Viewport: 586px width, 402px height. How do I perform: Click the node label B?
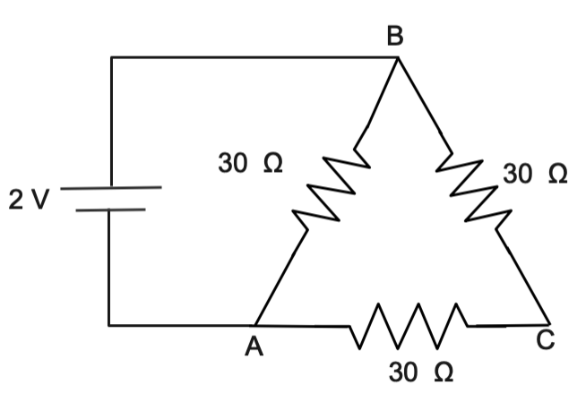(395, 37)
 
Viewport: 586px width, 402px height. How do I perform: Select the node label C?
(547, 341)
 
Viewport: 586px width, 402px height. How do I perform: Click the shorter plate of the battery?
(109, 210)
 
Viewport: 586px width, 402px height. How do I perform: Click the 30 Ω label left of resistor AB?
(250, 164)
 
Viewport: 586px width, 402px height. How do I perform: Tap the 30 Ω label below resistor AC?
(420, 372)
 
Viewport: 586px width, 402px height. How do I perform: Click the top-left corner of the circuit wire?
(111, 57)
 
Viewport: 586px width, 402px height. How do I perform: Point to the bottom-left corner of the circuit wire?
(109, 324)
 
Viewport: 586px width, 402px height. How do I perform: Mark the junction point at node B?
(398, 57)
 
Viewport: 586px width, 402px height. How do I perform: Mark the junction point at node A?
(256, 324)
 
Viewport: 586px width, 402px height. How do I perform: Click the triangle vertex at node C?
(547, 322)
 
